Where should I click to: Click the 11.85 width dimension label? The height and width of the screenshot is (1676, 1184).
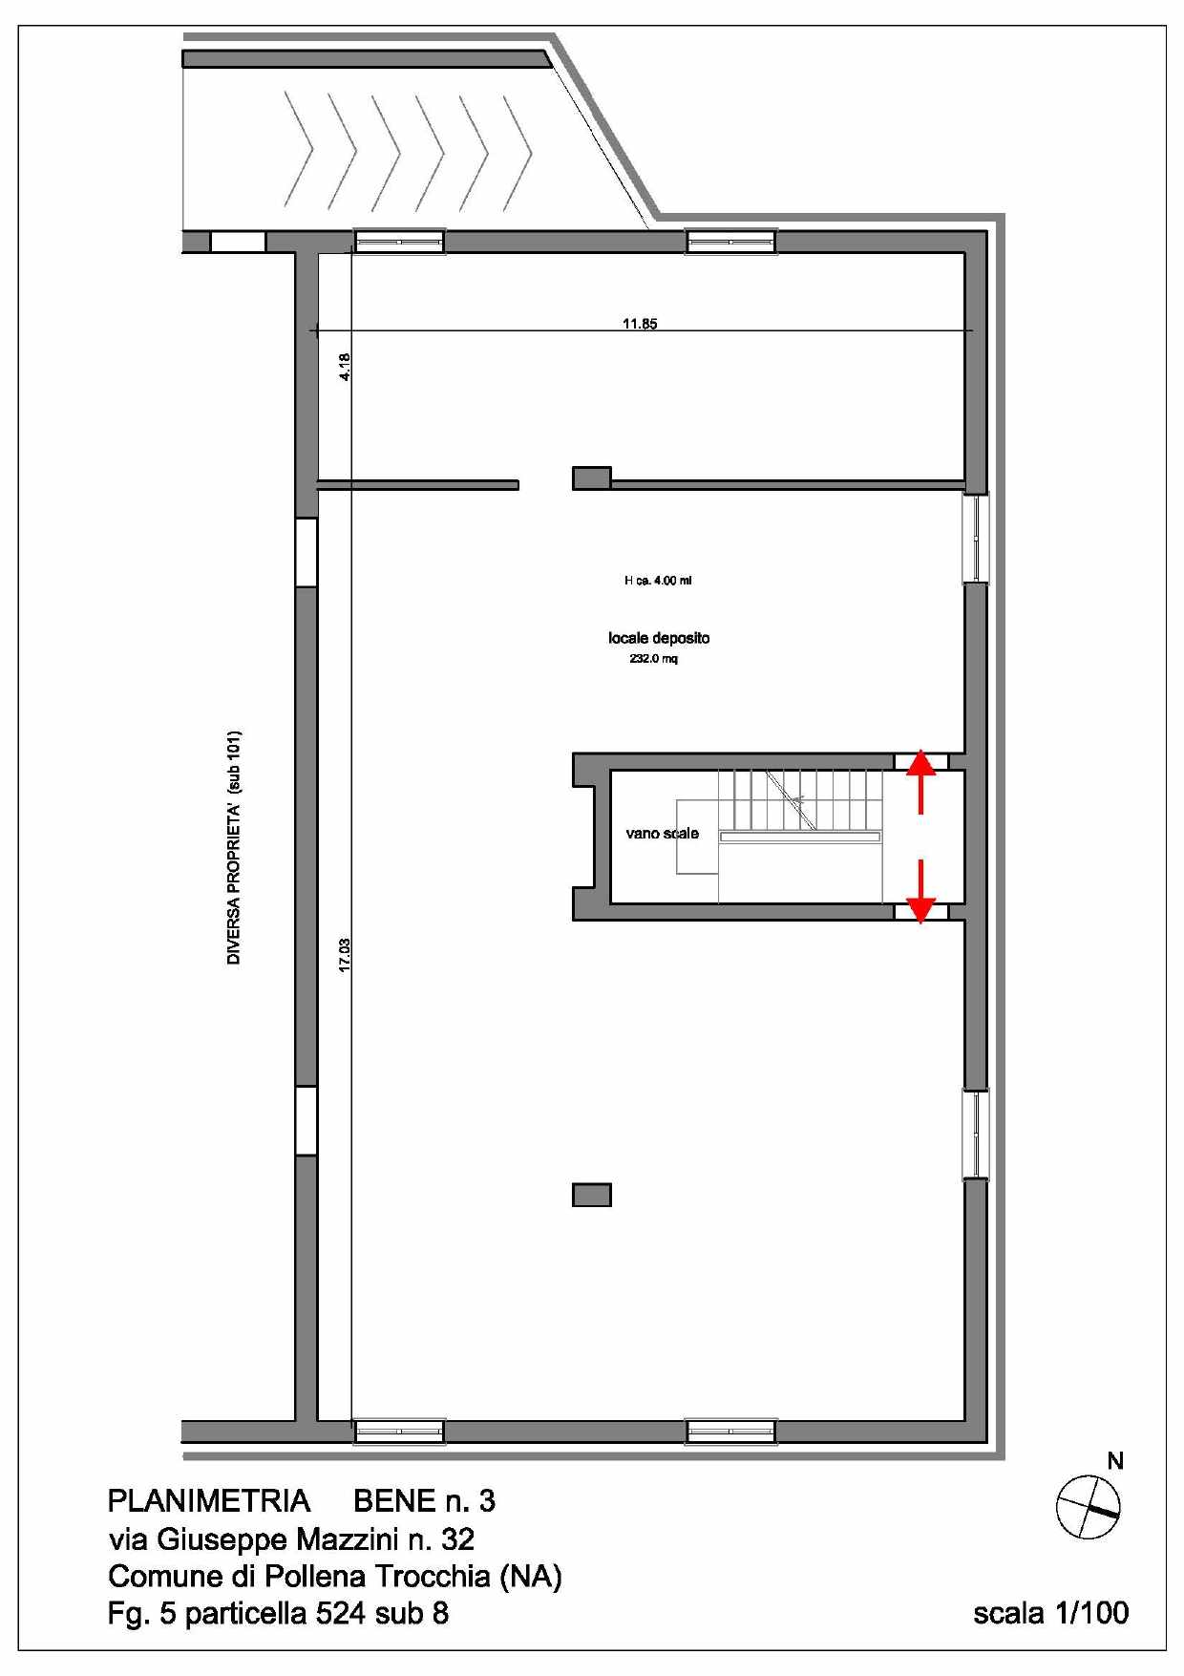pyautogui.click(x=640, y=324)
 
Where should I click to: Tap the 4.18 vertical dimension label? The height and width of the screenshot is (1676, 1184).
pyautogui.click(x=345, y=368)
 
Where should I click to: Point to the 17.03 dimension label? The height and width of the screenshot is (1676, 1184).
pyautogui.click(x=345, y=954)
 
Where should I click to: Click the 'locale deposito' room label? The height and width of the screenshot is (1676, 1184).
pyautogui.click(x=659, y=638)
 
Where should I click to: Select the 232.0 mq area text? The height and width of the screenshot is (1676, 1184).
pyautogui.click(x=653, y=659)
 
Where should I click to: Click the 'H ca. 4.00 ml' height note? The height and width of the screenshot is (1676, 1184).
pyautogui.click(x=658, y=581)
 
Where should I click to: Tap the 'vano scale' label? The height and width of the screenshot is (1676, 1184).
pyautogui.click(x=662, y=834)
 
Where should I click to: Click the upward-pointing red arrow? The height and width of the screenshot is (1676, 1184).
pyautogui.click(x=920, y=781)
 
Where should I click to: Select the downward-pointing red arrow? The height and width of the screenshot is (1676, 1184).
pyautogui.click(x=920, y=892)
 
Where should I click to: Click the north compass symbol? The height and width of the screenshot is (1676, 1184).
pyautogui.click(x=1088, y=1507)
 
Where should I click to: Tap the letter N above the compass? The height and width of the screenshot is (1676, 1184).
pyautogui.click(x=1114, y=1461)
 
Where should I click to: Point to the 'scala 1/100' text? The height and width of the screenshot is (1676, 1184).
pyautogui.click(x=1050, y=1613)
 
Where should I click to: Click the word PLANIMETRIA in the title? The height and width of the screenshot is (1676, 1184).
pyautogui.click(x=209, y=1501)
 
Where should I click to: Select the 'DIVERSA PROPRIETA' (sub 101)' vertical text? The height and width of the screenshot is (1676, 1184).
pyautogui.click(x=234, y=848)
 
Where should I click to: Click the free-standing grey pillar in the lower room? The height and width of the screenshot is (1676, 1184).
pyautogui.click(x=592, y=1195)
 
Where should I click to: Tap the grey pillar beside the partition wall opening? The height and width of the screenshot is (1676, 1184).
pyautogui.click(x=592, y=477)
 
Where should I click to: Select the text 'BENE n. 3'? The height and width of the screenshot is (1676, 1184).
pyautogui.click(x=425, y=1501)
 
